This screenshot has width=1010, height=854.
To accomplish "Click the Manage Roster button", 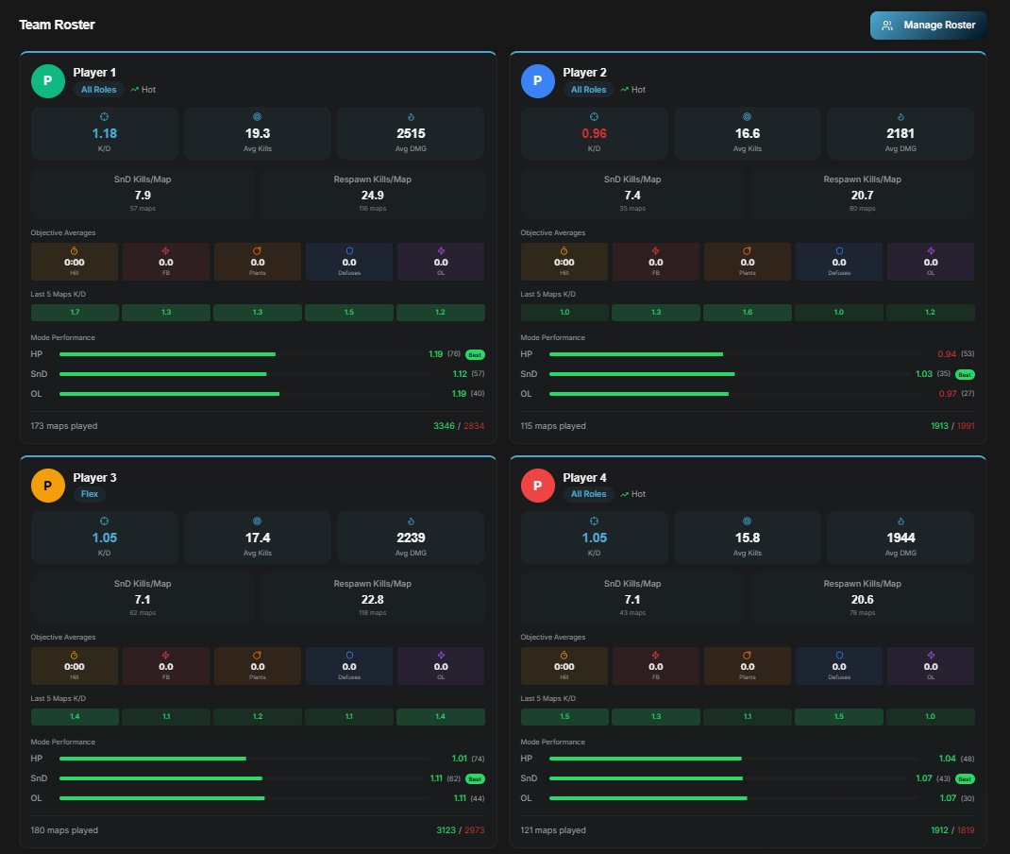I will [928, 26].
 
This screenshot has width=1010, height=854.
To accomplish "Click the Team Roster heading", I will [57, 25].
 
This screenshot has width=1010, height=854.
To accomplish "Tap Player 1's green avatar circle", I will [48, 81].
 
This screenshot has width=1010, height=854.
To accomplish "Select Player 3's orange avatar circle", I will [48, 486].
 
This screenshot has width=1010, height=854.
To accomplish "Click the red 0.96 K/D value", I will [594, 133].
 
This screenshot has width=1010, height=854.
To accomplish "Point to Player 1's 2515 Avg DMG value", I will [410, 133].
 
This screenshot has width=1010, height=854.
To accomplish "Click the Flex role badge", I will [90, 494].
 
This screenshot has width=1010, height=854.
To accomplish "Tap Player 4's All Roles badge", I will [588, 494].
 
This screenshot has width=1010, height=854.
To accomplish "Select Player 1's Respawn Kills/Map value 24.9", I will [372, 196].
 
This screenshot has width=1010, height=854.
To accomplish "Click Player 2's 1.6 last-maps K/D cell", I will [748, 312].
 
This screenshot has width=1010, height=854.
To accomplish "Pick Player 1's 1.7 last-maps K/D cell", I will [75, 312].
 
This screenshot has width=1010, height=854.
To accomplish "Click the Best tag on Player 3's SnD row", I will [476, 778].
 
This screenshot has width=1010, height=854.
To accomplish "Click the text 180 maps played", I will [64, 830].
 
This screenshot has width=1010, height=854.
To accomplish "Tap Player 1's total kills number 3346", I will [444, 426].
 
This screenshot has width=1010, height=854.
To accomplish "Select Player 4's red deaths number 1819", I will [966, 830].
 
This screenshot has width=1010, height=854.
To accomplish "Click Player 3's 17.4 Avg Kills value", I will [257, 538].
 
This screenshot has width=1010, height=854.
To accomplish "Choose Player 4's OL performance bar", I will [648, 798].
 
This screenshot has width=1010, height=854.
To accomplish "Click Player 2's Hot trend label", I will [638, 90].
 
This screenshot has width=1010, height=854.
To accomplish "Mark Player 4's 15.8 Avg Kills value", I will [747, 538].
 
